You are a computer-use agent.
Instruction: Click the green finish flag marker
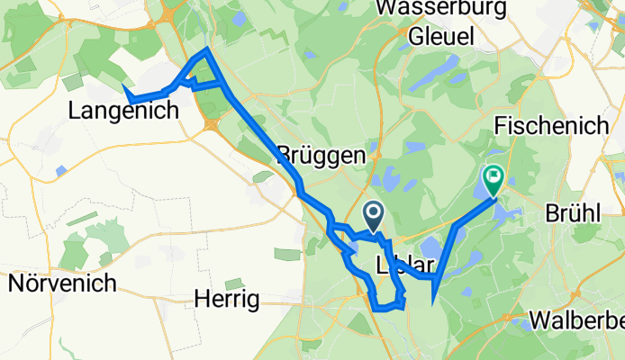494,178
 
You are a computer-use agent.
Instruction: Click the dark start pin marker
375,214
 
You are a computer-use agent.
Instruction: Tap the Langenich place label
124,110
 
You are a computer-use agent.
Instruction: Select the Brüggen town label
322,155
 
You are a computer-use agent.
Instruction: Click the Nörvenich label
62,283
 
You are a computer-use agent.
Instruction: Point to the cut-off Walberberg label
577,320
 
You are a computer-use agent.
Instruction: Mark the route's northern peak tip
206,49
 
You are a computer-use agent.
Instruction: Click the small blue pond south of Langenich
60,170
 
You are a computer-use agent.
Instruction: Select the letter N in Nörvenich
16,283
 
